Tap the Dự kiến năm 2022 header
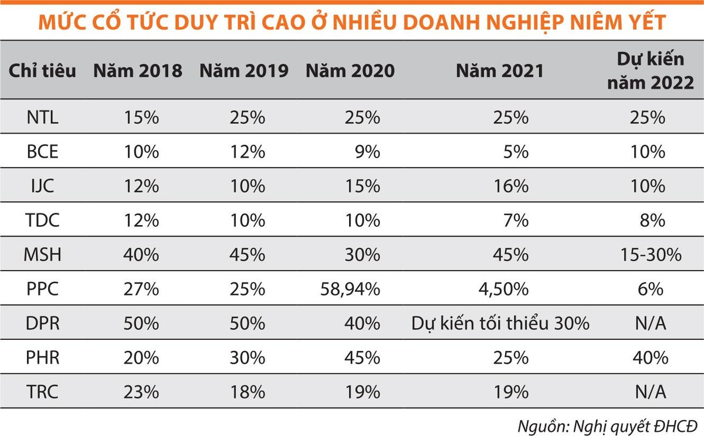click(655, 71)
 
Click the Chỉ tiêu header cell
click(42, 71)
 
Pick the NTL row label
click(42, 117)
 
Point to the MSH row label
click(42, 255)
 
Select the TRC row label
click(42, 392)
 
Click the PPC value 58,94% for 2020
click(350, 289)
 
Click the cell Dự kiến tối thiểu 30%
click(500, 323)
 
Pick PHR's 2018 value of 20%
click(141, 358)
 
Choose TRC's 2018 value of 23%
click(141, 392)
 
